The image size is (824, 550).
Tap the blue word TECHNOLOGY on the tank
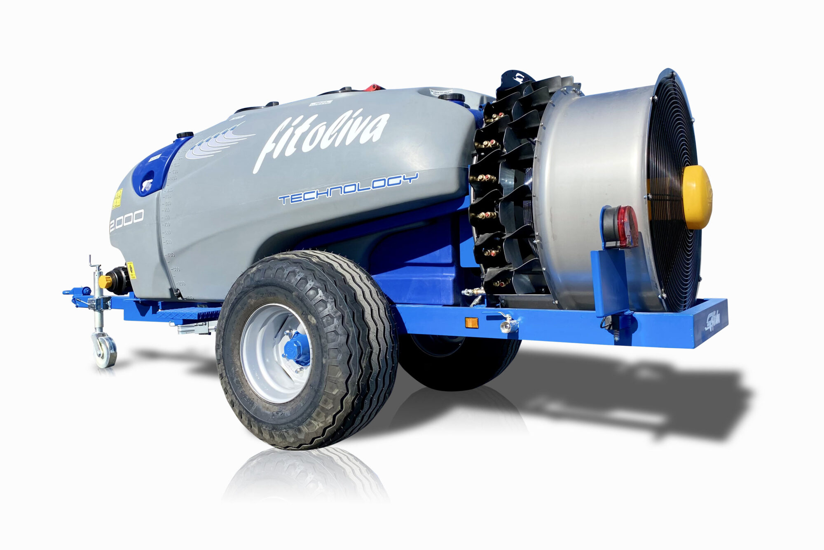[x=348, y=189]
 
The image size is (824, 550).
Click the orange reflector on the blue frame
[x=472, y=322]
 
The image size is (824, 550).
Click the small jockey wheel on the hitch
[x=105, y=350]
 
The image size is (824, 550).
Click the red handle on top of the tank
[x=373, y=87]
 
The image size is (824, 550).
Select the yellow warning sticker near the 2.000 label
[x=117, y=199]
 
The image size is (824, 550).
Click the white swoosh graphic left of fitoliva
[x=218, y=142]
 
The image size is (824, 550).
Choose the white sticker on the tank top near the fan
[x=441, y=92]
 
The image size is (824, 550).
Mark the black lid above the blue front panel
[x=185, y=135]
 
